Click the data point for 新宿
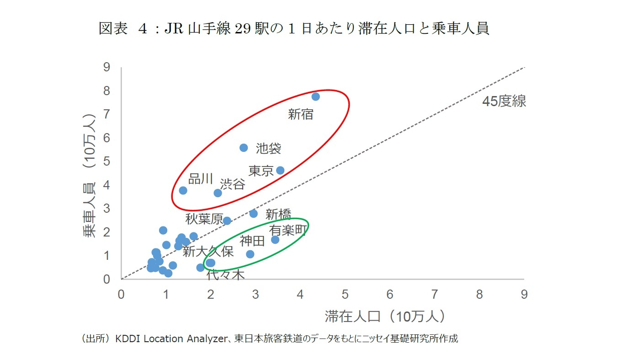[x=315, y=97]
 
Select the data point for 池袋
[x=244, y=148]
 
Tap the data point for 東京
[x=280, y=170]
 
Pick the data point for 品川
[x=183, y=190]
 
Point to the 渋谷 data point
[x=218, y=193]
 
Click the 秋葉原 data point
[x=227, y=220]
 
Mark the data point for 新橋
[x=254, y=214]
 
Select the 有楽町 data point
[x=275, y=240]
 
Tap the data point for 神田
[x=250, y=254]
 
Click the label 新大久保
[x=208, y=252]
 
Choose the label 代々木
[x=226, y=274]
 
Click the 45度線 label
[x=504, y=102]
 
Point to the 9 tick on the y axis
[x=107, y=67]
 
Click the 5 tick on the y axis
[x=107, y=161]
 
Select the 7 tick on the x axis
[x=434, y=295]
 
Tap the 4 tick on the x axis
[x=300, y=295]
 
